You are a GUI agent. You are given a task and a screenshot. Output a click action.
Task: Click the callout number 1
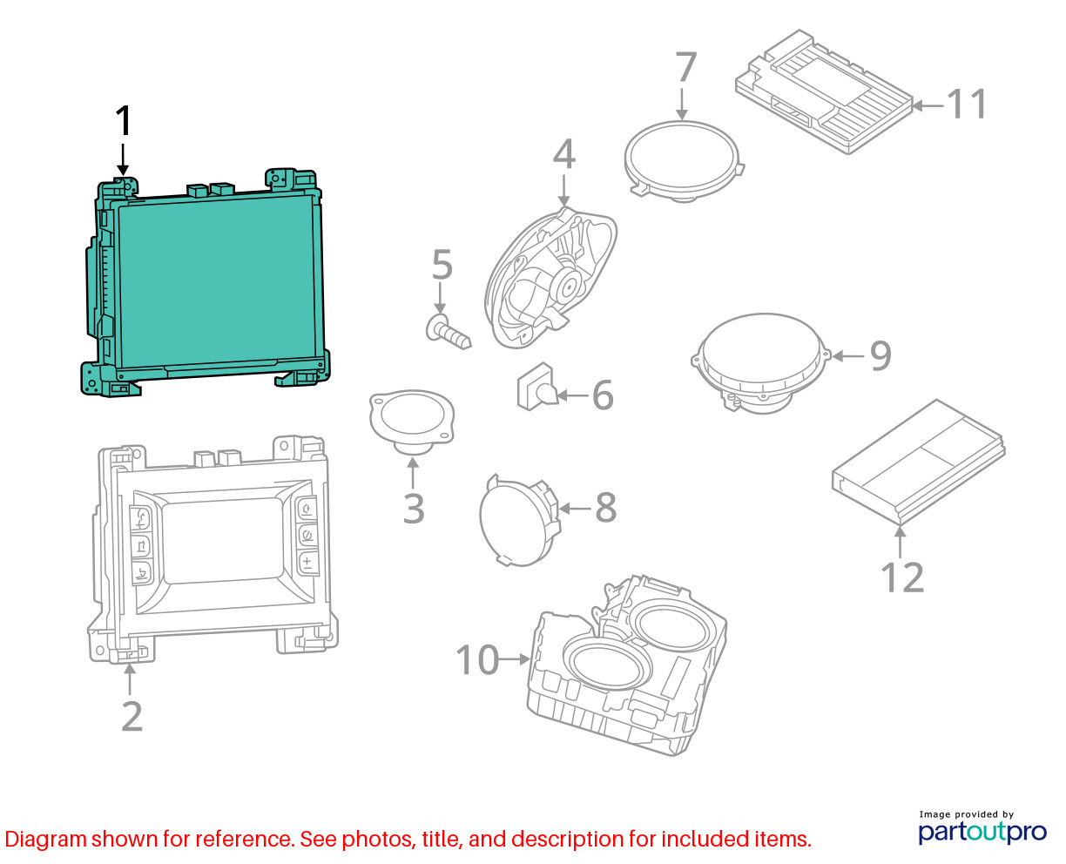pos(123,121)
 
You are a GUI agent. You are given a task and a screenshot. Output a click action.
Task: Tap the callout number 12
pos(902,577)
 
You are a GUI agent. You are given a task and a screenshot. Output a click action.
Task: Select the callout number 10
pos(477,659)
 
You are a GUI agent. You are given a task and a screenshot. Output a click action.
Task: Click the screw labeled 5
pos(448,331)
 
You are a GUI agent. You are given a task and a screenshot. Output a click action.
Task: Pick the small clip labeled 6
pos(536,387)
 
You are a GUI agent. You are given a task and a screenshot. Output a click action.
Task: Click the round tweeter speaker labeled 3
pos(411,422)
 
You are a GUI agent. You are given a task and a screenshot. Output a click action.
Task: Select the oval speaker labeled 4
pos(550,279)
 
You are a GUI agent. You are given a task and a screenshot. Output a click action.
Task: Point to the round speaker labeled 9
pos(760,363)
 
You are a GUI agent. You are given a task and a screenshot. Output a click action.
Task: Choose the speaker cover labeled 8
pos(519,521)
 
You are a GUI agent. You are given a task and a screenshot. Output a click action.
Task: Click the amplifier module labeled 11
pos(824,91)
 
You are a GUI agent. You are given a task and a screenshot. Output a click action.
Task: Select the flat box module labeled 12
pos(918,462)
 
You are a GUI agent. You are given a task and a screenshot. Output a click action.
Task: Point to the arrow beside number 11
pos(928,105)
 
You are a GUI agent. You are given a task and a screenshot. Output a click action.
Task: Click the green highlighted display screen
pos(217,280)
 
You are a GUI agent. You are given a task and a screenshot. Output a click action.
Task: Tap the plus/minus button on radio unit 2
pos(307,564)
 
